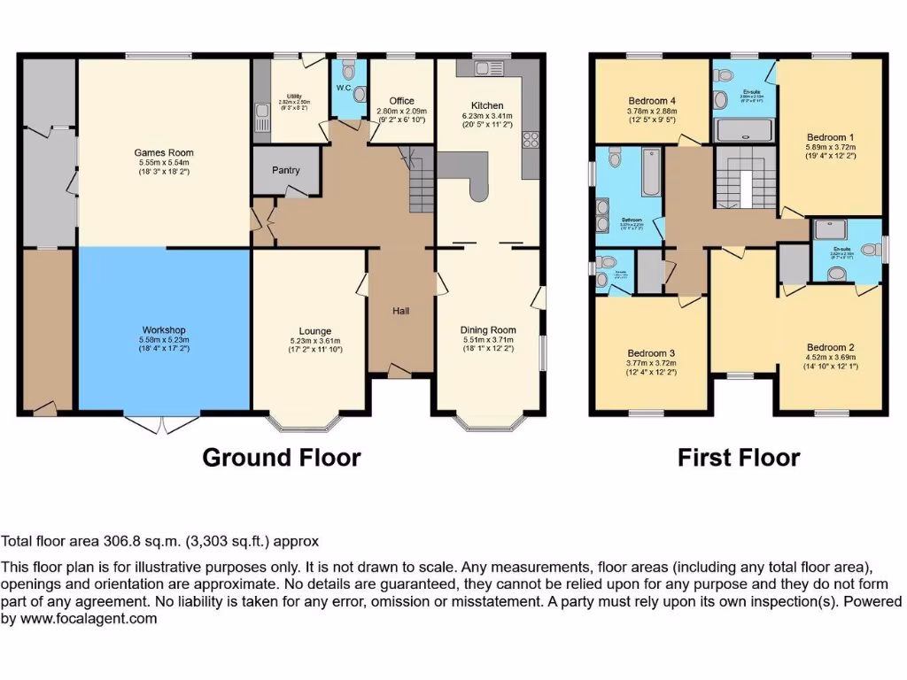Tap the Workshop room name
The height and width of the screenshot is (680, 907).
coord(163,329)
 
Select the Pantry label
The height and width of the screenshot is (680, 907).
coord(285,170)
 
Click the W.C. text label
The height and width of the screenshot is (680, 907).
coord(344,87)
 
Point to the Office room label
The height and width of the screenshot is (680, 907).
coord(401,101)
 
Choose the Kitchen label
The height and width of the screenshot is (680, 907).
coord(487,105)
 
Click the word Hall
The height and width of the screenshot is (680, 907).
coord(401,311)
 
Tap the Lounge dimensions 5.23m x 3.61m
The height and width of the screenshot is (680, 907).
coord(309,341)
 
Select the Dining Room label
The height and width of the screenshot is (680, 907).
coord(488,330)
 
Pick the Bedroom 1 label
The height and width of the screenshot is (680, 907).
coord(830,136)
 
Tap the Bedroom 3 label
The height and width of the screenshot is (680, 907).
coord(651,352)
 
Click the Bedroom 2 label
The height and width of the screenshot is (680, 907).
coord(830,347)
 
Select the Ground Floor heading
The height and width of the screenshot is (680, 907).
coord(281,458)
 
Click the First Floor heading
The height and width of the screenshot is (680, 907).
coord(738,458)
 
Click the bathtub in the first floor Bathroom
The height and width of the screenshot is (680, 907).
coord(649,172)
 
